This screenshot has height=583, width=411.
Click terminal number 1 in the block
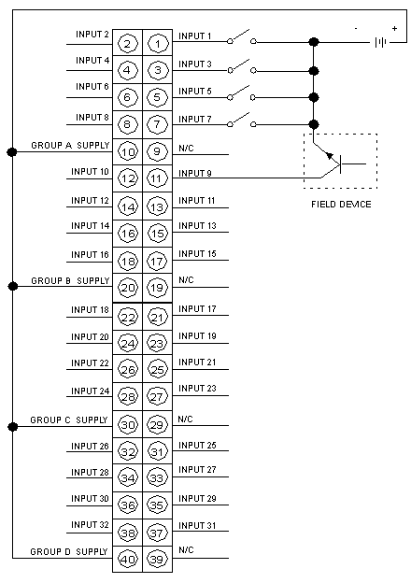[158, 44]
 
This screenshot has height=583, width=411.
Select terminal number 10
[127, 152]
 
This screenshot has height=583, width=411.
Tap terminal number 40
[127, 559]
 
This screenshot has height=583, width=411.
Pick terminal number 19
[157, 288]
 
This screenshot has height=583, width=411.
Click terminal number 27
[157, 397]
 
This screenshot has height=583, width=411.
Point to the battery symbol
[380, 42]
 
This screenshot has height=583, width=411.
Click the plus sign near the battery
[394, 28]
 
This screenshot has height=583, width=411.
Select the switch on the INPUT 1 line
[242, 36]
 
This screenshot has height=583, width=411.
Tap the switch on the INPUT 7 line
[242, 120]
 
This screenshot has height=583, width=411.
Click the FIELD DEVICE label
[341, 204]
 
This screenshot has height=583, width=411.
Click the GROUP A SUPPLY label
[70, 145]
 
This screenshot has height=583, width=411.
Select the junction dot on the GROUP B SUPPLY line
[13, 286]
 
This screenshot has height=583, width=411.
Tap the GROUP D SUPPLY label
[69, 551]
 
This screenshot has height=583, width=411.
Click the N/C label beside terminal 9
[186, 149]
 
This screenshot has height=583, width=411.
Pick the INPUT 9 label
[195, 173]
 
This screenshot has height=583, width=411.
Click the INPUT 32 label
[90, 525]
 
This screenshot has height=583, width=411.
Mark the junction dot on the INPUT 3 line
[314, 71]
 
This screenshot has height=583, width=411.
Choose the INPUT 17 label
[197, 309]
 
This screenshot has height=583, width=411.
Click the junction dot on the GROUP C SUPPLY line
[13, 426]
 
